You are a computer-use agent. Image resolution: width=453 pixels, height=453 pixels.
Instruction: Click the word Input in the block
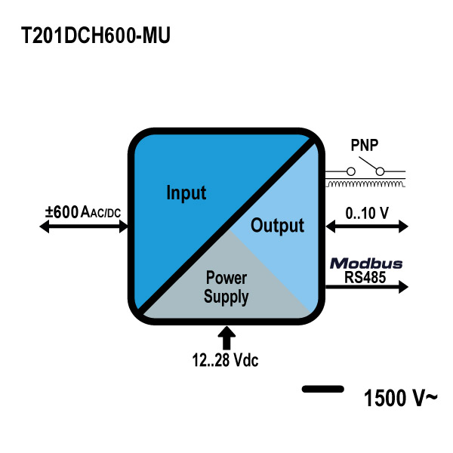[186, 193]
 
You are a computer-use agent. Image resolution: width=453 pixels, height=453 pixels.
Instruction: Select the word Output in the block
[277, 225]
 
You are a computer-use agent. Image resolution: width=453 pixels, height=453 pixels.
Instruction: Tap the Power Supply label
[226, 288]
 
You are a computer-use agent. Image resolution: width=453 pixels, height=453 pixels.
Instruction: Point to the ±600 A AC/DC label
[83, 212]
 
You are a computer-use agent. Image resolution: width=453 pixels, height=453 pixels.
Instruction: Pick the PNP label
[365, 144]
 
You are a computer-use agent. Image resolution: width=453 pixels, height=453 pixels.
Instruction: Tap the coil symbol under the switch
[365, 183]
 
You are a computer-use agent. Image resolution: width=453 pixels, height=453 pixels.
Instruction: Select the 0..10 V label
[367, 212]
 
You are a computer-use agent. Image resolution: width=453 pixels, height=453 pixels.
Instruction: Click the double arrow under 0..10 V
[367, 226]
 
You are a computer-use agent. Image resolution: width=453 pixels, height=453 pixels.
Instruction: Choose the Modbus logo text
[366, 264]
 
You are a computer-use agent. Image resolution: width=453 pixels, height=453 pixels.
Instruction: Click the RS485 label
[365, 277]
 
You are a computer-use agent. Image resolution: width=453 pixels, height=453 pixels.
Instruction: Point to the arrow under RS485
[367, 287]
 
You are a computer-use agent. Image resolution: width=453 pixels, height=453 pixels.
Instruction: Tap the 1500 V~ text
[400, 397]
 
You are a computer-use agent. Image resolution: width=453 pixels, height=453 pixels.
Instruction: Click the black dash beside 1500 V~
[322, 390]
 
